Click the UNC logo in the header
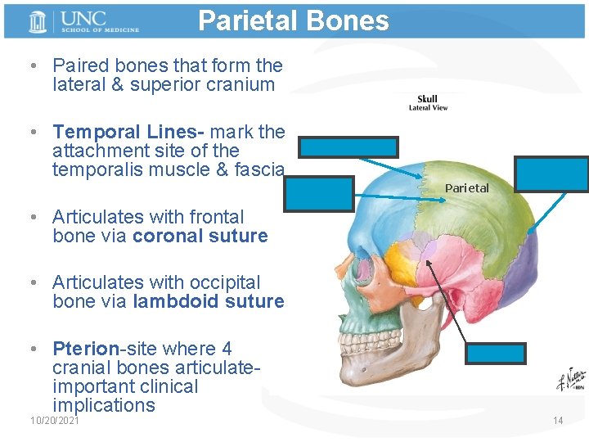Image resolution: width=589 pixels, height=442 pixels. [82, 21]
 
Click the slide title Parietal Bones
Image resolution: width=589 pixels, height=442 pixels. [293, 20]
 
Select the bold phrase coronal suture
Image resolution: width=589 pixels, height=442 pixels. [200, 237]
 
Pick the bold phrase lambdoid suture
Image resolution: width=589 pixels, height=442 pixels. [208, 302]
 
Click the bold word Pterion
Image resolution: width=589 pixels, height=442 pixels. [85, 349]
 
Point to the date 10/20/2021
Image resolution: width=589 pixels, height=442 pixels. [54, 421]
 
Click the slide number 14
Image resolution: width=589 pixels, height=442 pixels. [558, 421]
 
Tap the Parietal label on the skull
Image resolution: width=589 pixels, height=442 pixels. [466, 188]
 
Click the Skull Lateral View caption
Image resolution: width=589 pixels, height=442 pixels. [428, 103]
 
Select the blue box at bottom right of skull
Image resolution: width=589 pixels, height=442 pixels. [495, 353]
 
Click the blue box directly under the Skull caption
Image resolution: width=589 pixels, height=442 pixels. [348, 147]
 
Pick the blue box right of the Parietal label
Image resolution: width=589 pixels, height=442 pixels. [553, 174]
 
